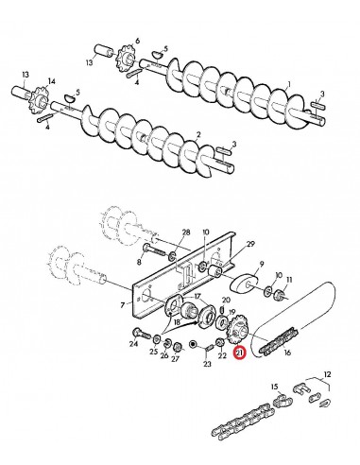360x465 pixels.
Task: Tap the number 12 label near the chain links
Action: click(x=328, y=375)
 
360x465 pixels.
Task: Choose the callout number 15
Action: click(x=275, y=387)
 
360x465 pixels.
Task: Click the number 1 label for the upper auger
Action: click(x=288, y=84)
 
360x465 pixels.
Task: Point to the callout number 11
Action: click(x=291, y=280)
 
